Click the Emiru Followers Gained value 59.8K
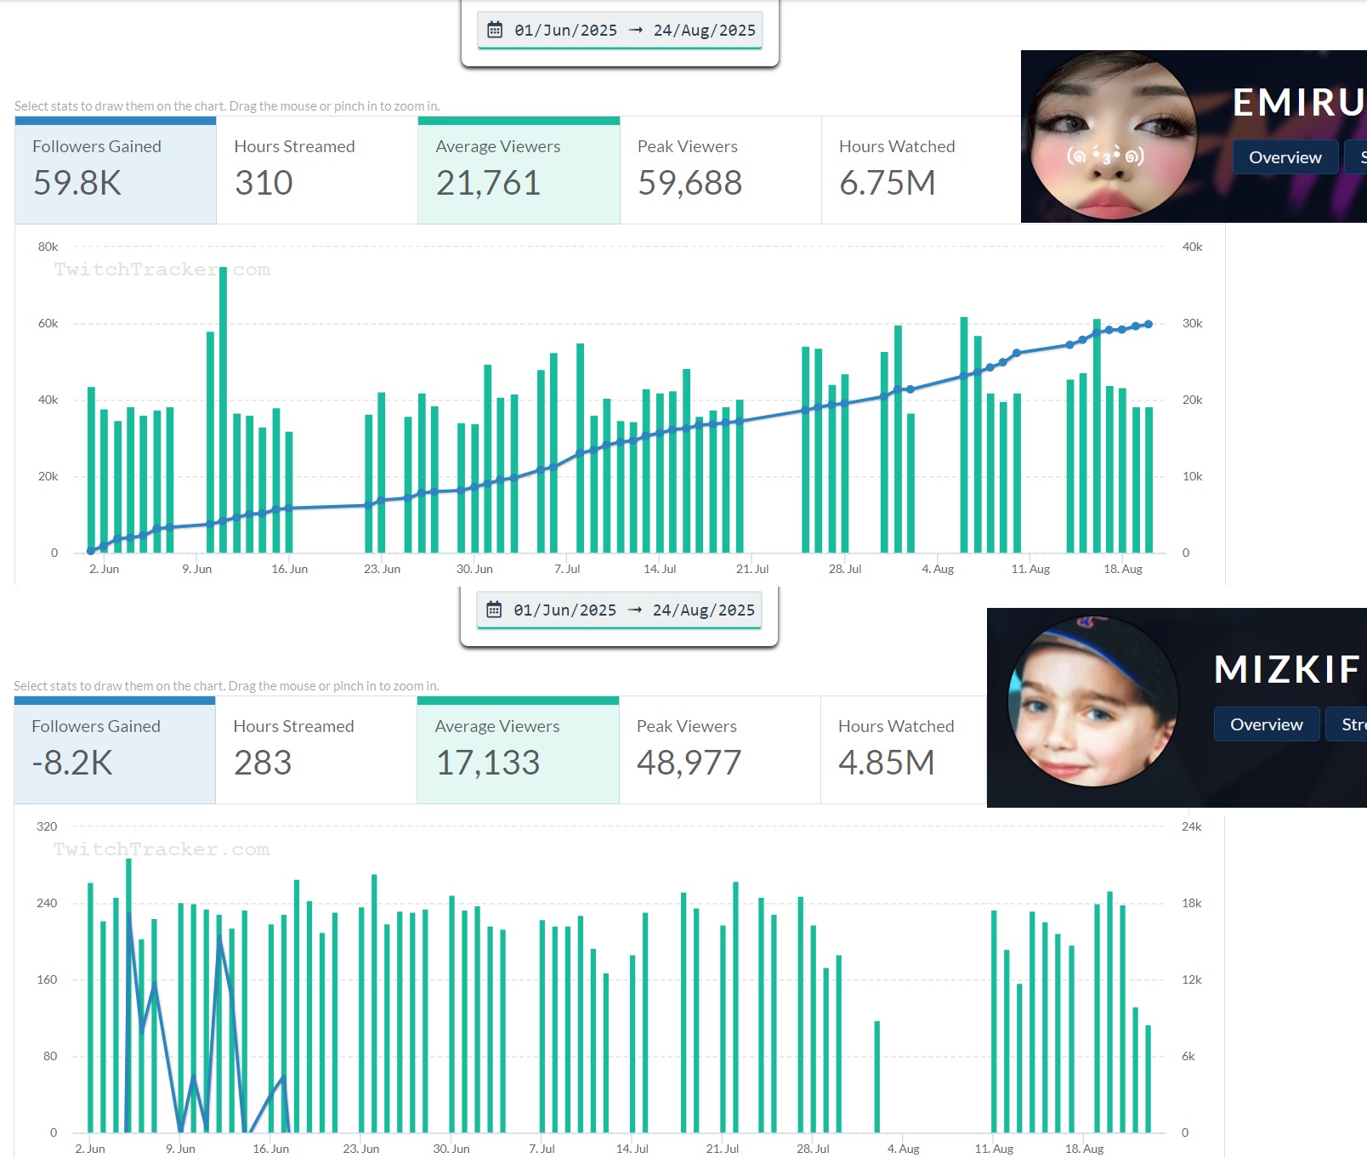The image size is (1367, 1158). [x=77, y=183]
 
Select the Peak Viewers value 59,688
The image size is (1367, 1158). [x=689, y=183]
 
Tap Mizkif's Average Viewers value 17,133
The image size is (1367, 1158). [x=488, y=763]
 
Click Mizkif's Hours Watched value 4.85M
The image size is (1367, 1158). [x=886, y=763]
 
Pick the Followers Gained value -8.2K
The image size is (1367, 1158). [x=72, y=763]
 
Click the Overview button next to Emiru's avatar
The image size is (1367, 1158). [x=1285, y=157]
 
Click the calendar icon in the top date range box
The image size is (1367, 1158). [x=495, y=31]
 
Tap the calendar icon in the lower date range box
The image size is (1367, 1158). [x=494, y=610]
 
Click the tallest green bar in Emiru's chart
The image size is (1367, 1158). [x=223, y=408]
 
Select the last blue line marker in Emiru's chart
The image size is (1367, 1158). [x=1149, y=324]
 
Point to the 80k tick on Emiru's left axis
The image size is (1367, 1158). [x=48, y=247]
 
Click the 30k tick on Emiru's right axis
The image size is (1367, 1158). [x=1192, y=323]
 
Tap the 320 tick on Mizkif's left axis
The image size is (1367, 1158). [x=47, y=826]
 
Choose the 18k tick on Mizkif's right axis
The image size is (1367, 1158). [x=1191, y=903]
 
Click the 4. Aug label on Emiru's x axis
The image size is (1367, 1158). [x=938, y=569]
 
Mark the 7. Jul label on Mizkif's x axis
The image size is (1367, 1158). [x=542, y=1149]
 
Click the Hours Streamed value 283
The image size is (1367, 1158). [x=263, y=763]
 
